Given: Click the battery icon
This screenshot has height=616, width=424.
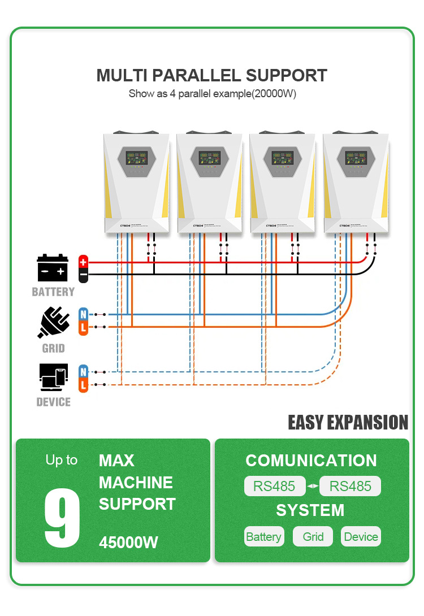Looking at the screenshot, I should click(53, 268).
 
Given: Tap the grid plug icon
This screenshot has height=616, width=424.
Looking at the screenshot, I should click(53, 322).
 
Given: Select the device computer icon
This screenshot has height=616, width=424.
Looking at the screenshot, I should click(53, 378).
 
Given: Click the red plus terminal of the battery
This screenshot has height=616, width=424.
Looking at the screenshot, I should click(83, 262).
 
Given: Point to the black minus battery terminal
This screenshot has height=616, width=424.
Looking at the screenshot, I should click(83, 275).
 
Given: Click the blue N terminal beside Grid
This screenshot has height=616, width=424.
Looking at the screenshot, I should click(83, 314).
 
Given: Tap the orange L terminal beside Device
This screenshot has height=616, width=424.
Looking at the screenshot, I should click(83, 385).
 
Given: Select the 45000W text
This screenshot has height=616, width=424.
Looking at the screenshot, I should click(128, 543).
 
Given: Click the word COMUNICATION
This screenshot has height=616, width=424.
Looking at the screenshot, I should click(311, 461).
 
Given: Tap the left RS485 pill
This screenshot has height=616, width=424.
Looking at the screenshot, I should click(274, 486).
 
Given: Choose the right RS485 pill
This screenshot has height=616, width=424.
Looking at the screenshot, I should click(350, 486).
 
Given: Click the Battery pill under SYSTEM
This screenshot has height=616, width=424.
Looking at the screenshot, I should click(263, 536).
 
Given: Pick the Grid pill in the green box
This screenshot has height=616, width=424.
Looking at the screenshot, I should click(313, 536).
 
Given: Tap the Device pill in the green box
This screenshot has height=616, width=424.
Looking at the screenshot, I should click(361, 536).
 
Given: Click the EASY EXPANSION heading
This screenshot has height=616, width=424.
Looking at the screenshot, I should click(348, 423).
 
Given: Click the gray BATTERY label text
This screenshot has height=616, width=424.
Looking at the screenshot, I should click(53, 292).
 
